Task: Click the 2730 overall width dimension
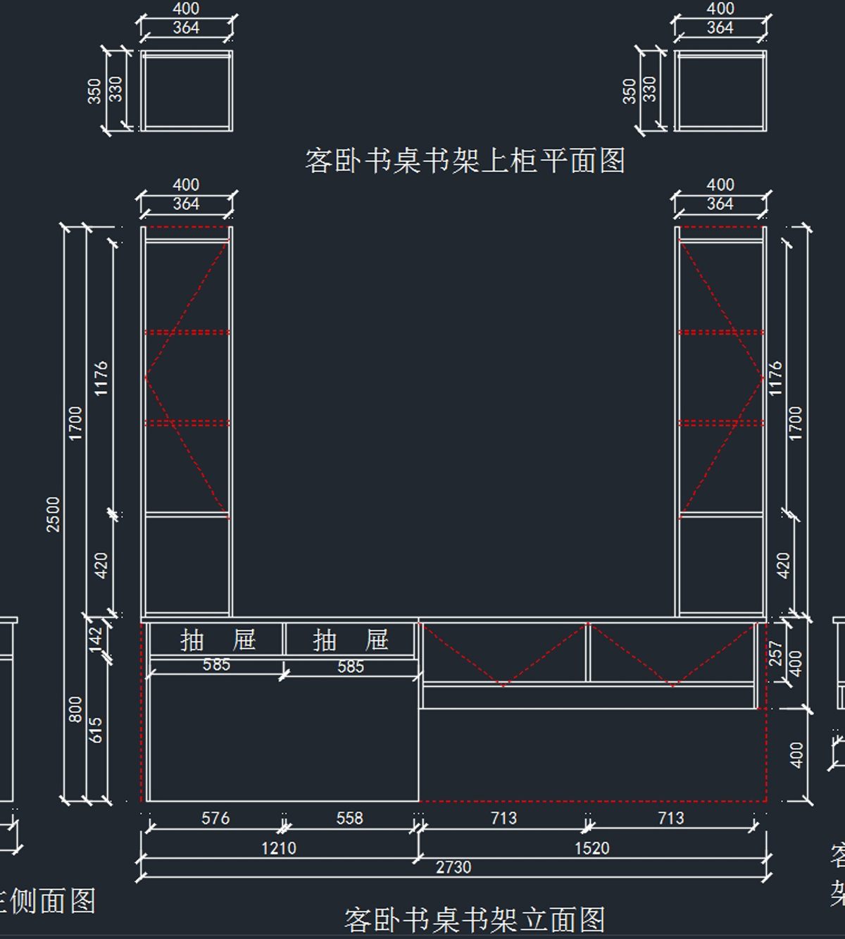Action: click(x=453, y=867)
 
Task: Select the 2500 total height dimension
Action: click(x=54, y=514)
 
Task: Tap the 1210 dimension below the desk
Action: click(x=279, y=848)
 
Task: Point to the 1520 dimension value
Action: click(x=591, y=848)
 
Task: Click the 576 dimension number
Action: click(x=215, y=818)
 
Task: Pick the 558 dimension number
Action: click(x=349, y=818)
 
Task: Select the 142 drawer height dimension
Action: click(x=96, y=639)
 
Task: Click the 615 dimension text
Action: click(x=96, y=730)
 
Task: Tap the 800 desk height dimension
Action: click(x=76, y=709)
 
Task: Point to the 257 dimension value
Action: click(x=775, y=654)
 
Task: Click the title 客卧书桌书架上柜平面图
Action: click(x=465, y=161)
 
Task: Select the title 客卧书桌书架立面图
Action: click(x=474, y=919)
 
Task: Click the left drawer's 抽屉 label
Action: click(x=217, y=640)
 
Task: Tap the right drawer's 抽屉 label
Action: click(x=350, y=640)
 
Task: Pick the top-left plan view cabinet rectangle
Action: click(x=186, y=90)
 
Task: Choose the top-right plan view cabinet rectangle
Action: click(x=720, y=90)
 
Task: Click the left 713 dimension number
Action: click(x=503, y=818)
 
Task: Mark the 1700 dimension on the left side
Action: click(x=76, y=423)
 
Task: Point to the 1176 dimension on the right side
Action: click(x=775, y=378)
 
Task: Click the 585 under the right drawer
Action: click(x=350, y=666)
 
